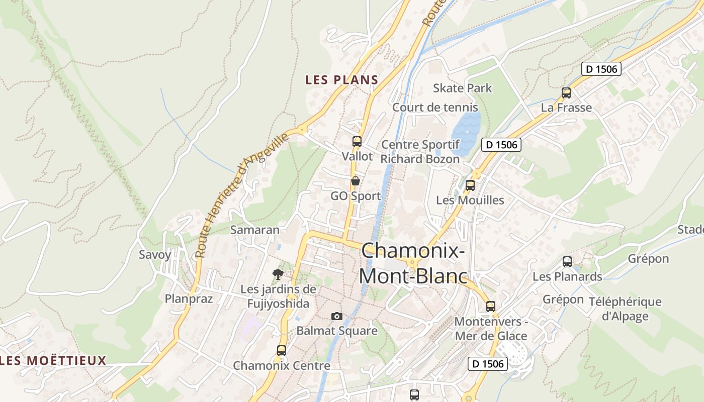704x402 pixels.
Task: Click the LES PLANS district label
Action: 341,80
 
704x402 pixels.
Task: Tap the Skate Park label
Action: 463,88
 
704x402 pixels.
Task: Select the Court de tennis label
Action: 435,107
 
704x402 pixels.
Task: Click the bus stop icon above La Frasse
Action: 566,93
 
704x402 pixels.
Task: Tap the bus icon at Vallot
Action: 357,142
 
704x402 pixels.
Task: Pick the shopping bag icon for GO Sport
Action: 356,181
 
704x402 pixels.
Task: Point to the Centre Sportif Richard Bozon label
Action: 420,152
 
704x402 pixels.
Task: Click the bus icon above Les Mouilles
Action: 470,185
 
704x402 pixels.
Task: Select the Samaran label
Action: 254,230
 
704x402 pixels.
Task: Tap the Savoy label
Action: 155,254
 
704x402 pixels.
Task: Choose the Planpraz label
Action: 189,298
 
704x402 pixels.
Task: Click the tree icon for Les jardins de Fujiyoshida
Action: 278,274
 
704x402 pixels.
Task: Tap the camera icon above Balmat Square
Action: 337,316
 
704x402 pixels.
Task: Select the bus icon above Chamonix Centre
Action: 282,351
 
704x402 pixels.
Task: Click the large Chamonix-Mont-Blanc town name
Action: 413,263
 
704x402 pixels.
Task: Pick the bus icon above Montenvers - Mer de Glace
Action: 491,306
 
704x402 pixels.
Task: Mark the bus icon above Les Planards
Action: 567,262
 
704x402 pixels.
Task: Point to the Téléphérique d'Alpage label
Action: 632,309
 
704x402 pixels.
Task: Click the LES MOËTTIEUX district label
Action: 54,360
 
